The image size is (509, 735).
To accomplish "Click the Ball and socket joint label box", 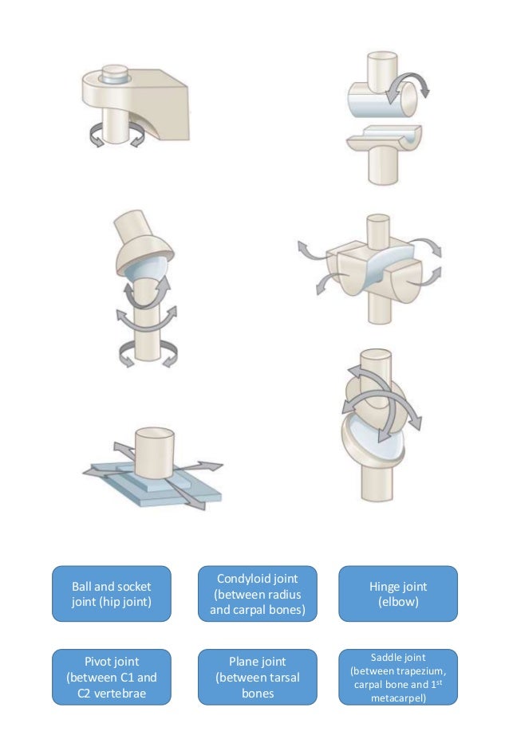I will [111, 592].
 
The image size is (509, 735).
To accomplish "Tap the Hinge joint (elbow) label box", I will [397, 592].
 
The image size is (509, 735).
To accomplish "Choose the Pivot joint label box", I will [111, 677].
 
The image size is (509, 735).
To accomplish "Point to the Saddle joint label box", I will [397, 677].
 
